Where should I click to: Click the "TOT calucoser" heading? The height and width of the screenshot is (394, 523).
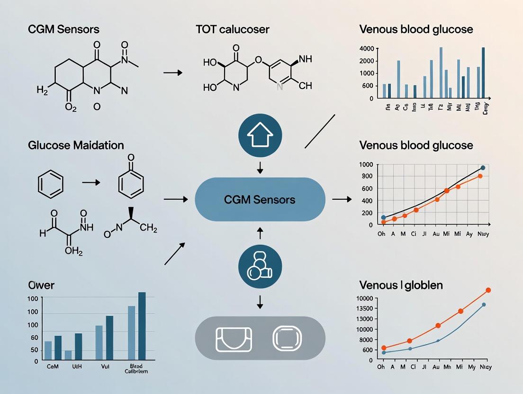click(232, 29)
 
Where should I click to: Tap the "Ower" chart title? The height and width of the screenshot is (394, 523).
click(41, 285)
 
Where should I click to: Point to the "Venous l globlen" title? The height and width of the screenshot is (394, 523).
click(401, 285)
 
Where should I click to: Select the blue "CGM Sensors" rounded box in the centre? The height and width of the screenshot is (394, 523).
click(260, 199)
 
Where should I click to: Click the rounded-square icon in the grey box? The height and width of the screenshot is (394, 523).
click(287, 338)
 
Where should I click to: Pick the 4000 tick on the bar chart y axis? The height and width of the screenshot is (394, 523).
click(367, 48)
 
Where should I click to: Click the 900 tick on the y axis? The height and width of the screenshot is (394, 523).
click(367, 176)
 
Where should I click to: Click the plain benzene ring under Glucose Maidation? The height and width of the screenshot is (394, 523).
click(50, 184)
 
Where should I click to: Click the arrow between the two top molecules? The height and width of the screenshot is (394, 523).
click(172, 73)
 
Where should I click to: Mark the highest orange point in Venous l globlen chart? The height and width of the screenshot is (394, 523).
click(488, 290)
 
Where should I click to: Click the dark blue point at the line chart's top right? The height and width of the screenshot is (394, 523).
click(483, 168)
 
